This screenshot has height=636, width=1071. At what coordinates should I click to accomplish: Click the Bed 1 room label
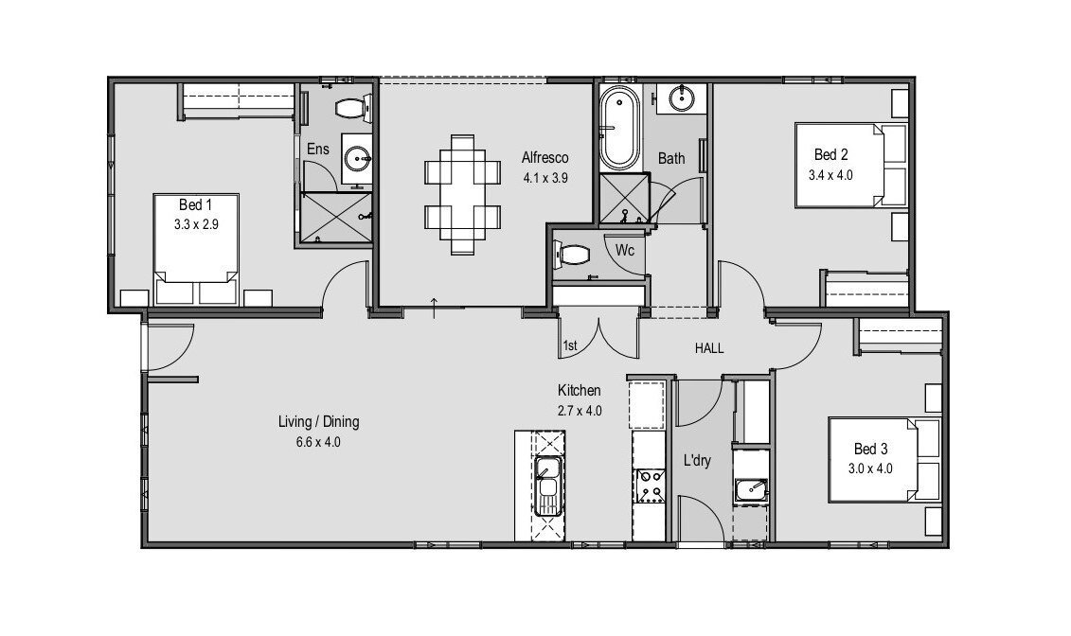tap(197, 204)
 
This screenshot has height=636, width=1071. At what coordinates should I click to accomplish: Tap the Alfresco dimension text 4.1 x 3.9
tap(544, 177)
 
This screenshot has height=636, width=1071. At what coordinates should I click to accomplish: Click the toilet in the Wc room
tap(574, 255)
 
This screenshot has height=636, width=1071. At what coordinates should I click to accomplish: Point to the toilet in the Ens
tap(351, 108)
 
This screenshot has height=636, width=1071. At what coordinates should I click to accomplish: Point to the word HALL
tap(709, 348)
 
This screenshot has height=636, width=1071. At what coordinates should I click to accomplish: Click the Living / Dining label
tap(318, 422)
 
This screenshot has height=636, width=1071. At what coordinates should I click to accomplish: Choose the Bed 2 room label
tap(830, 155)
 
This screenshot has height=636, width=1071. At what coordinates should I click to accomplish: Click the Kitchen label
tap(579, 390)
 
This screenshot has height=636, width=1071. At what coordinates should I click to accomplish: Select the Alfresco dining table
tap(463, 195)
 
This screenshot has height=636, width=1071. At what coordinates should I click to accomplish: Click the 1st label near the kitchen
tap(569, 346)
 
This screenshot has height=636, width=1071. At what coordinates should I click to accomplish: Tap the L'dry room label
tap(697, 461)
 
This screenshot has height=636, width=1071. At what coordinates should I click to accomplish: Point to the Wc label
tap(625, 251)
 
